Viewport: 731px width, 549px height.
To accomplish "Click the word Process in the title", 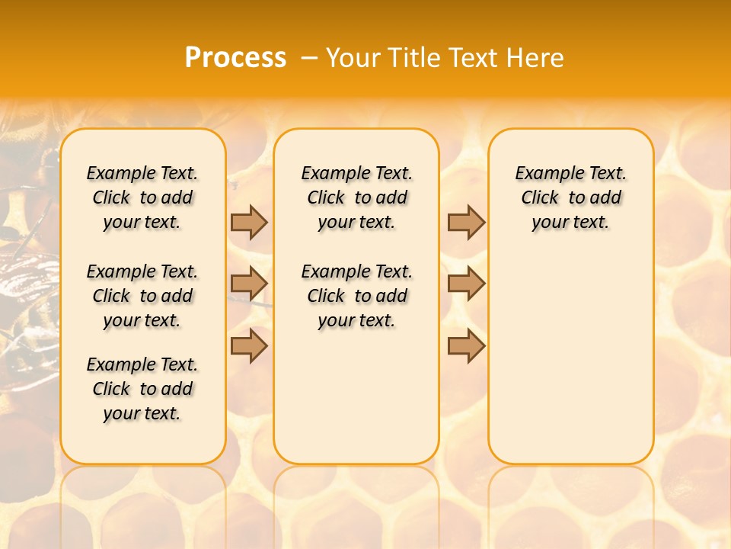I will coord(235,58).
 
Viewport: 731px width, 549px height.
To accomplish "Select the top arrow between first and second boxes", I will coord(249,222).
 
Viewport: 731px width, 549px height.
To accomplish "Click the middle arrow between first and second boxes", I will coord(249,284).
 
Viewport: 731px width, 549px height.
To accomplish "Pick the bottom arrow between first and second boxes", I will coord(249,345).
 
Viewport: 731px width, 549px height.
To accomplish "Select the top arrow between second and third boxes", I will coord(466,222).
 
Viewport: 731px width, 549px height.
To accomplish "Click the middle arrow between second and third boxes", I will coord(466,284).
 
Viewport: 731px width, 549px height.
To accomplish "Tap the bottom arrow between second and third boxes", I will coord(466,345).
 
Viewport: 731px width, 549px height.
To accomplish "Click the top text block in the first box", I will coord(142,197).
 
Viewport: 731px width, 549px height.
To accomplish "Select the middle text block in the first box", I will coord(142,296).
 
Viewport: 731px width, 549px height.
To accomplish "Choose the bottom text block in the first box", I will coord(142,389).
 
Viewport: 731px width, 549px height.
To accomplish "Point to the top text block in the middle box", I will coord(356,197).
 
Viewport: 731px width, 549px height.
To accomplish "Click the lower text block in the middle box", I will coord(356,296).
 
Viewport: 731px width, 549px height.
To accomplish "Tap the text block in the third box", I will coord(570,197).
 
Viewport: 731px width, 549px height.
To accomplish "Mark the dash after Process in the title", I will coord(310,58).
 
